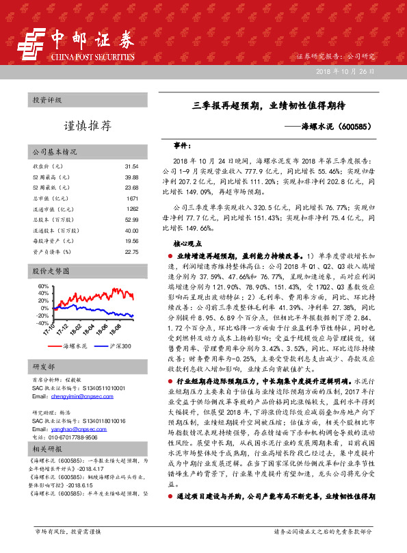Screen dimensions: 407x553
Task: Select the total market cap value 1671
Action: (x=133, y=198)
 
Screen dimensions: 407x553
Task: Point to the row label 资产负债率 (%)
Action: (x=52, y=252)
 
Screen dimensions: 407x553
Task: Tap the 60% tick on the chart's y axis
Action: (x=42, y=285)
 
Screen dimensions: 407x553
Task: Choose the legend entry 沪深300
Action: (x=120, y=347)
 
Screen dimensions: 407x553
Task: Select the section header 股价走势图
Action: (x=52, y=272)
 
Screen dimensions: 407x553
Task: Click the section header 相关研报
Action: (x=47, y=449)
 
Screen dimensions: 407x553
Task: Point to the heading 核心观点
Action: (x=189, y=262)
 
